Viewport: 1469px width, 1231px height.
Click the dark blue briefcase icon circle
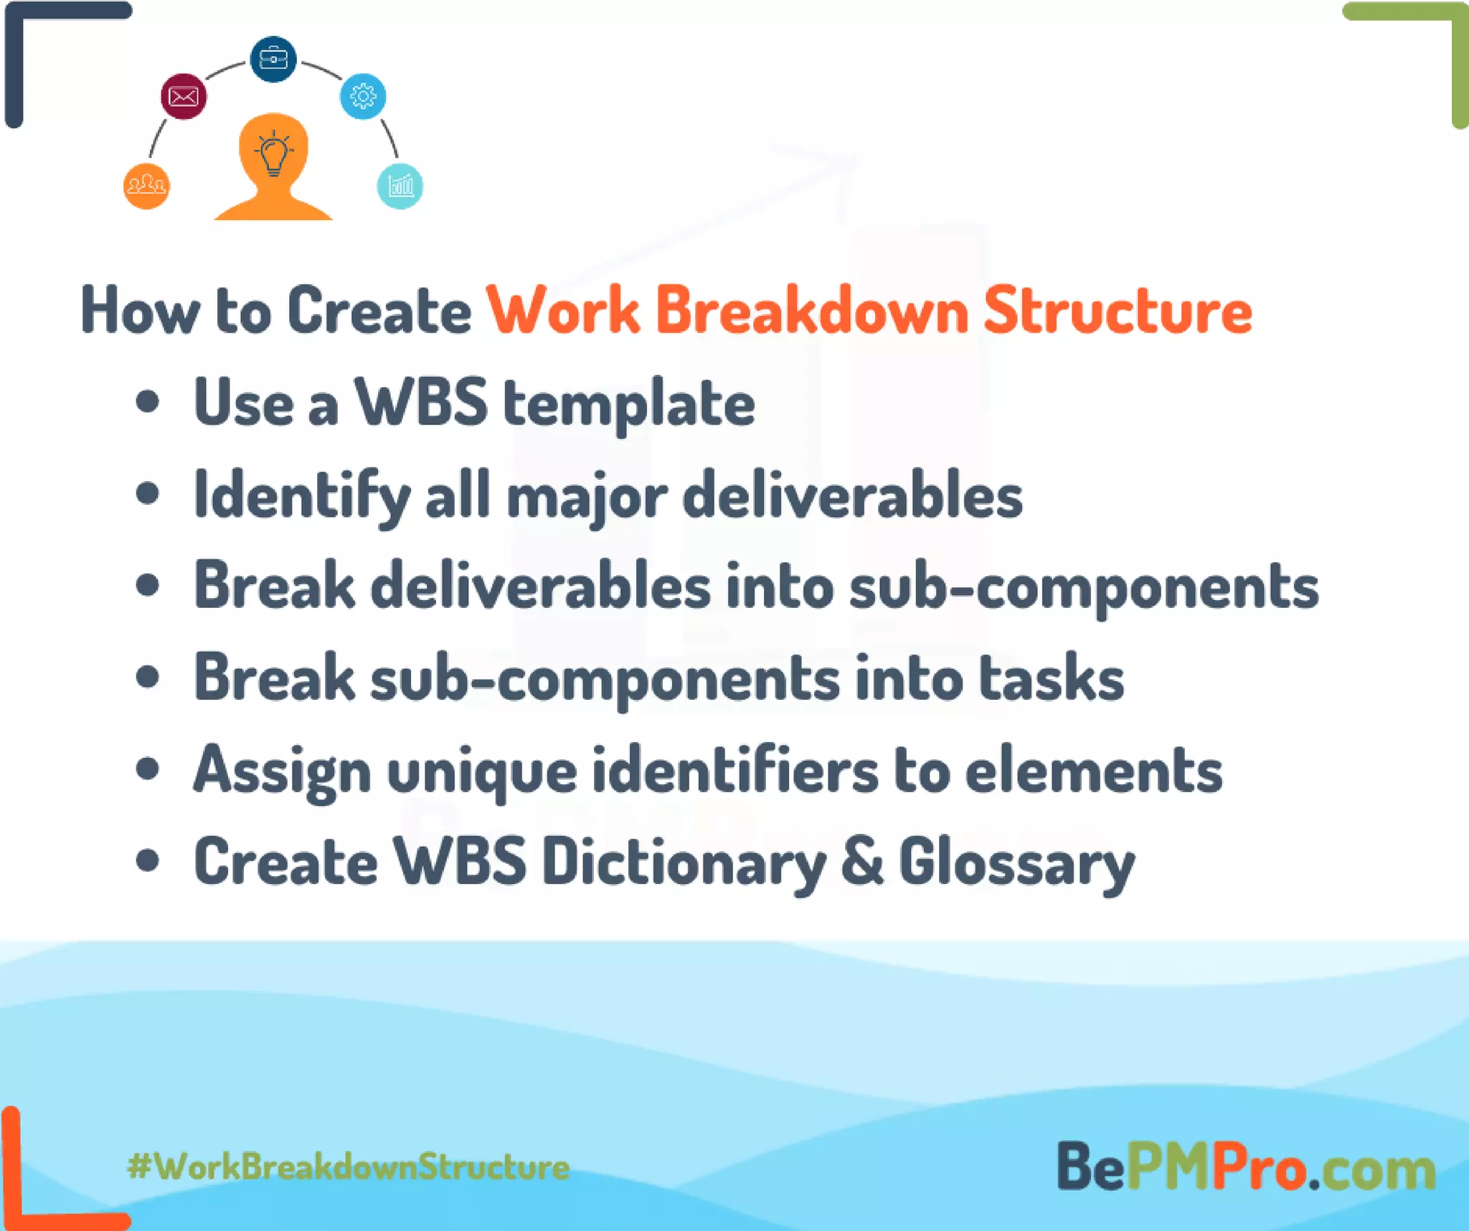click(x=273, y=59)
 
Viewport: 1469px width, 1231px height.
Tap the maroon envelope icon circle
click(x=184, y=96)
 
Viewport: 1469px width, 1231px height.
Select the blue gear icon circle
click(x=363, y=96)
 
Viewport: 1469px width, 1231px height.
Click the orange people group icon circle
click(x=146, y=186)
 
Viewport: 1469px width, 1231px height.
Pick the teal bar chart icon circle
click(x=400, y=186)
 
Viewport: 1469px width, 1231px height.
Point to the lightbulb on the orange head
click(x=273, y=153)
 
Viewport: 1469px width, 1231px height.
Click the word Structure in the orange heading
click(x=1118, y=311)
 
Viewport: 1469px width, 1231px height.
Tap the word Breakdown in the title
click(x=812, y=311)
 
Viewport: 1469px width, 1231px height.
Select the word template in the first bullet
click(x=628, y=404)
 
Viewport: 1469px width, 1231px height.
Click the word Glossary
click(x=1016, y=863)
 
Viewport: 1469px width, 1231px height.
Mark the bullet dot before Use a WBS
click(x=147, y=402)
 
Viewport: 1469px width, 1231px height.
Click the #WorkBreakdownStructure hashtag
click(x=349, y=1166)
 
